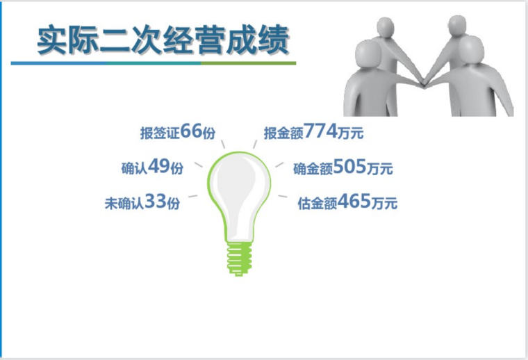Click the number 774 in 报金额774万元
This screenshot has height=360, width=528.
point(318,131)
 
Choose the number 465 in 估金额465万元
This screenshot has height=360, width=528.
point(353,203)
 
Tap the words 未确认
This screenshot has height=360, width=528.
point(123,204)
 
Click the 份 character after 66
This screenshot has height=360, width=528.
point(209,133)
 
